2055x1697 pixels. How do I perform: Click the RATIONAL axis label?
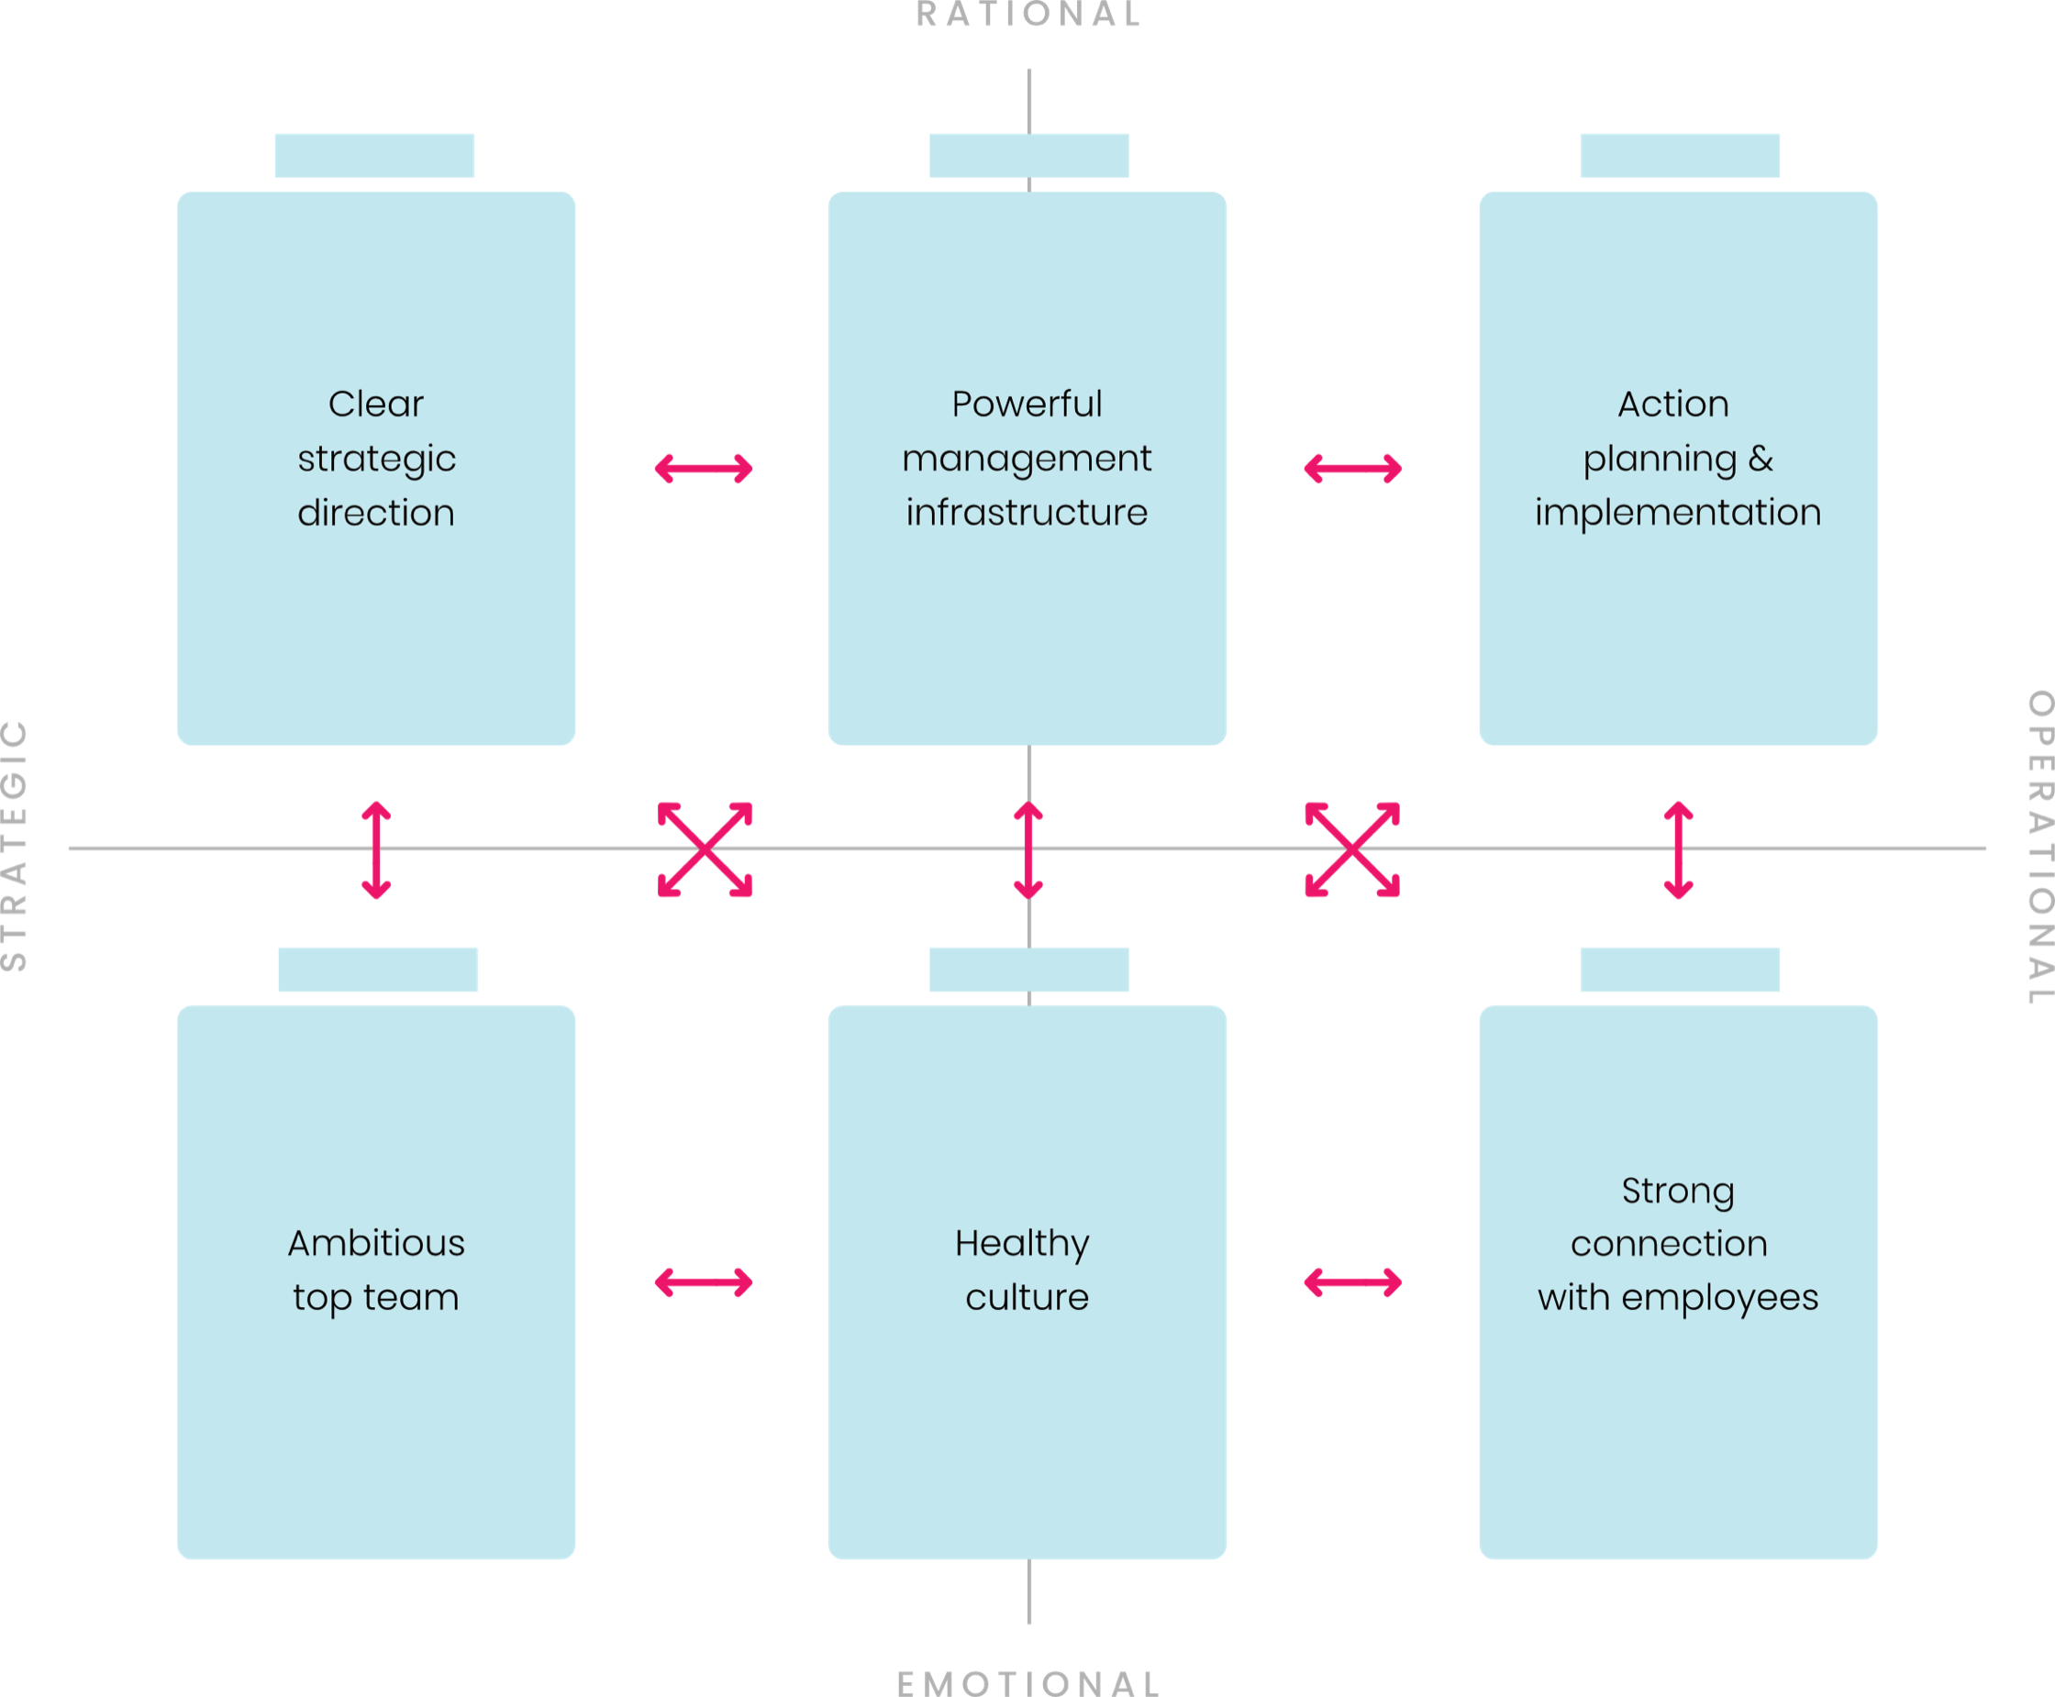click(x=1028, y=14)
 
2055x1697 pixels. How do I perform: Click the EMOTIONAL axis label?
click(x=1028, y=1683)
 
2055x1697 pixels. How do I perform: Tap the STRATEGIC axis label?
click(x=14, y=846)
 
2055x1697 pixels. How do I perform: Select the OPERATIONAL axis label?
click(x=2040, y=847)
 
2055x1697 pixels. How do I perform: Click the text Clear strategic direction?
click(x=376, y=459)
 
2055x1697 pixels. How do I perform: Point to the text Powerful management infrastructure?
click(x=1027, y=459)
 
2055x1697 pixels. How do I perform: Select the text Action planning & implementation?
click(x=1678, y=459)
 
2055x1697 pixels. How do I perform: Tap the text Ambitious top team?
click(x=376, y=1270)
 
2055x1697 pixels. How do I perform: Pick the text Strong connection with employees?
click(x=1678, y=1245)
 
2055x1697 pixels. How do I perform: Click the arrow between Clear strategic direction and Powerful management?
click(x=704, y=468)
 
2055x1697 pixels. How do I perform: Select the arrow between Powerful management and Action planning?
click(x=1353, y=468)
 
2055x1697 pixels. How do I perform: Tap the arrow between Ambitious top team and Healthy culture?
click(x=704, y=1282)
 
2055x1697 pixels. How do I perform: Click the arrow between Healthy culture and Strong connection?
click(x=1353, y=1282)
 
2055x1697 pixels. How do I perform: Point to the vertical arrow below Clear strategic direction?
click(x=376, y=850)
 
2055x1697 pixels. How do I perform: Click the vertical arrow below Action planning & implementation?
click(x=1679, y=850)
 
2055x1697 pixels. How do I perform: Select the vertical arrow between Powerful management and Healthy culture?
click(x=1028, y=850)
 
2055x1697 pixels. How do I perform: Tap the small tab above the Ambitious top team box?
click(x=377, y=970)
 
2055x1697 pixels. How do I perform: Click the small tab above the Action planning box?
click(x=1680, y=155)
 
